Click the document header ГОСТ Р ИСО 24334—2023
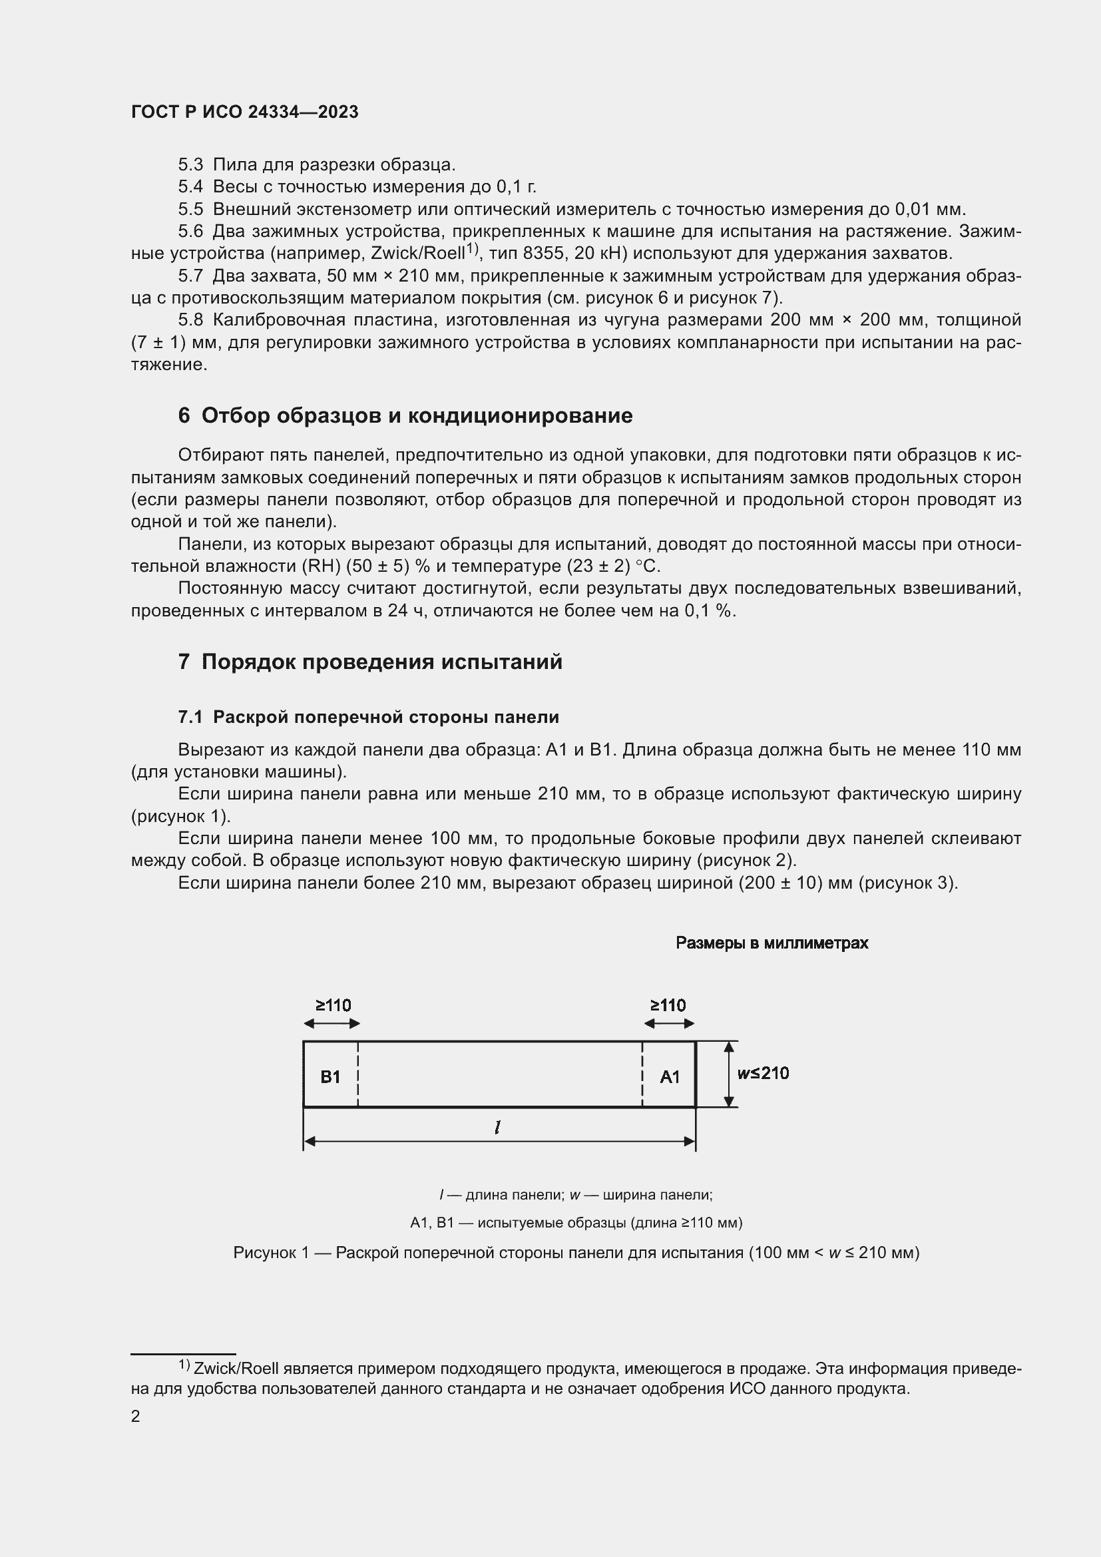click(244, 112)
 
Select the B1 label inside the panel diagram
click(330, 1077)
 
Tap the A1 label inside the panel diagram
click(670, 1077)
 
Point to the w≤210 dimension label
click(763, 1073)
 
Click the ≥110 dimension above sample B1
click(333, 1005)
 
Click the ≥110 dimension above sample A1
click(668, 1005)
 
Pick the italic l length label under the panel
click(498, 1127)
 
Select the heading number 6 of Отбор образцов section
click(184, 415)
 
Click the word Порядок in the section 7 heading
click(248, 661)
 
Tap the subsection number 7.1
click(190, 717)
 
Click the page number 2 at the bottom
click(136, 1416)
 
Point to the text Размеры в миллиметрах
click(771, 943)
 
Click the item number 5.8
click(190, 320)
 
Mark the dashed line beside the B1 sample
click(358, 1074)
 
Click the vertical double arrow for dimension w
click(729, 1074)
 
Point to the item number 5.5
click(190, 209)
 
